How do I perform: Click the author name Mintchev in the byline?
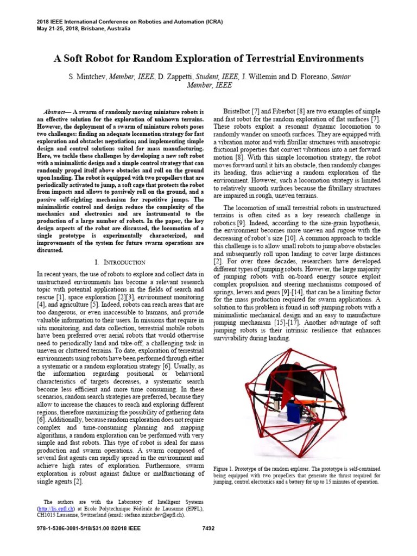coord(87,77)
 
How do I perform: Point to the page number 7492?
coord(208,528)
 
